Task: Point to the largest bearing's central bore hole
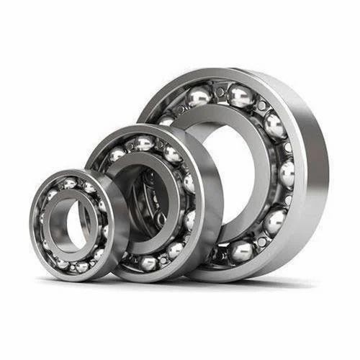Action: point(230,173)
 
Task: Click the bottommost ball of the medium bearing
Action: point(148,263)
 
